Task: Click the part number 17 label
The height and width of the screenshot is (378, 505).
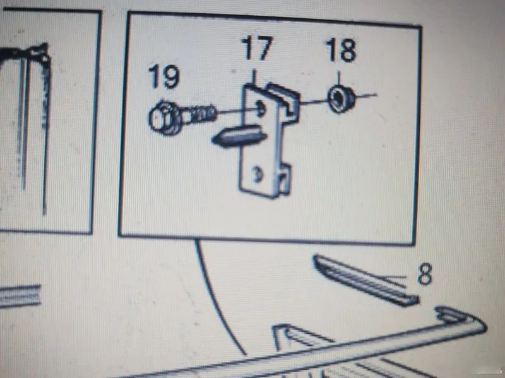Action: click(258, 49)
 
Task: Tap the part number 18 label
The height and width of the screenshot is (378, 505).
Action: click(341, 50)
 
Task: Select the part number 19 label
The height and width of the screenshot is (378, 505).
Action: click(163, 76)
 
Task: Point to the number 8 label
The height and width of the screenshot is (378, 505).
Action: click(425, 274)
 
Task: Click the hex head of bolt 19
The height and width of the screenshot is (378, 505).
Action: click(164, 118)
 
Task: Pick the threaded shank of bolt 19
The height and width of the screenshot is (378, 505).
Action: click(199, 113)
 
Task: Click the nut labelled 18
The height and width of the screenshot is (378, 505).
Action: click(341, 98)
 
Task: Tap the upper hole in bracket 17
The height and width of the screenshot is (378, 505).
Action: click(261, 108)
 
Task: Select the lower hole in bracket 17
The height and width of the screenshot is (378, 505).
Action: click(258, 175)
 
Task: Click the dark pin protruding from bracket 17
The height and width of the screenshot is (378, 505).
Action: click(239, 136)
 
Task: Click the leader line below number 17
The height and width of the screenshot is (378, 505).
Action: click(254, 77)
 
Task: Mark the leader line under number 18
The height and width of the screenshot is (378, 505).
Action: click(338, 79)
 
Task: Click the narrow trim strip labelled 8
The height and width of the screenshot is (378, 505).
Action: click(366, 280)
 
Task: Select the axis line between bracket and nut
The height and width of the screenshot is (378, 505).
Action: click(314, 103)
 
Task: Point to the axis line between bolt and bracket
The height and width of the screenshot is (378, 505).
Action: click(237, 112)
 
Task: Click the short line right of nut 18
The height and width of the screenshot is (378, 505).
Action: click(366, 95)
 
